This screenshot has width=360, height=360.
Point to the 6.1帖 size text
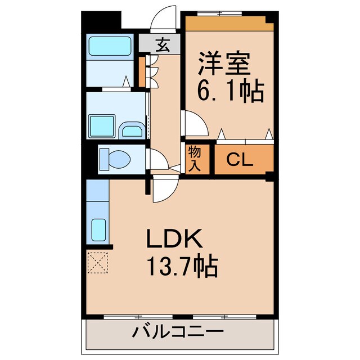[x=231, y=91]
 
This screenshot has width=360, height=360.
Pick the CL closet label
[x=240, y=160]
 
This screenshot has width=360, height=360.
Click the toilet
[x=115, y=159]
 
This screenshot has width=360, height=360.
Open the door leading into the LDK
[x=164, y=188]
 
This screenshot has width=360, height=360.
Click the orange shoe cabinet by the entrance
[x=142, y=71]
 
